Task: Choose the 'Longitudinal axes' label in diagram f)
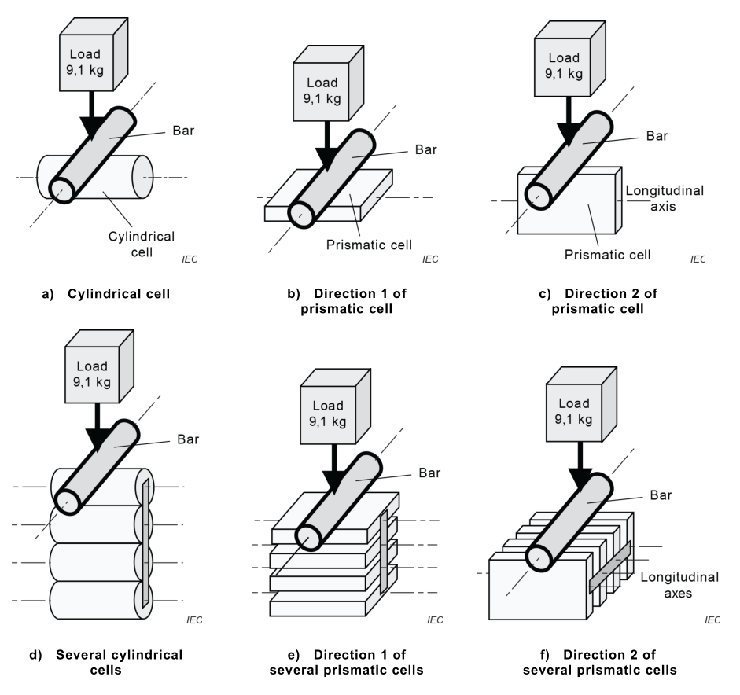(679, 585)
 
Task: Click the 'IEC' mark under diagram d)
(193, 620)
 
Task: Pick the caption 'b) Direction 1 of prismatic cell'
(355, 301)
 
